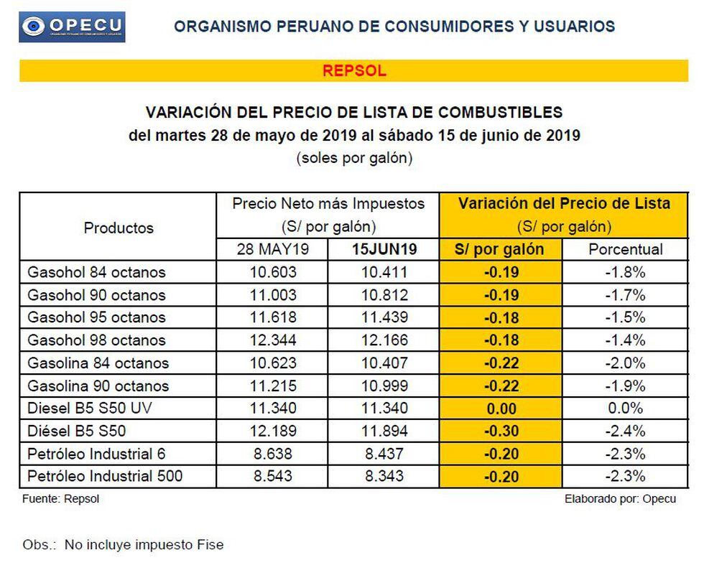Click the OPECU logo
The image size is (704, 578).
click(73, 27)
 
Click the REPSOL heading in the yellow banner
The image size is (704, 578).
click(354, 70)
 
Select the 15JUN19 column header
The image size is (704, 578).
click(383, 250)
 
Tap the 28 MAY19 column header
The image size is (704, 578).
click(272, 250)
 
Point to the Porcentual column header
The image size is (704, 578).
click(625, 250)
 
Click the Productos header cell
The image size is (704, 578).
click(119, 228)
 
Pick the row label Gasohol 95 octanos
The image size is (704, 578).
click(96, 317)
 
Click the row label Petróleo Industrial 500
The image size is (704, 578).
click(105, 476)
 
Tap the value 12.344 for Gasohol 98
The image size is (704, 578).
click(272, 340)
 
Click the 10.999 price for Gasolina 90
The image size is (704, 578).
click(383, 386)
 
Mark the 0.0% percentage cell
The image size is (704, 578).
click(625, 409)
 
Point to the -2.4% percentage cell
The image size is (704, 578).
click(625, 432)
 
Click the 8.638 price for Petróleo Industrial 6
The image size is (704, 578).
click(272, 454)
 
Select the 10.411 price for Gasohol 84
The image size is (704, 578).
click(383, 272)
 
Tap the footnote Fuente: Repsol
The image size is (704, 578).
click(61, 499)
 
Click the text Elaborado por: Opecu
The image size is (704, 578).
click(620, 499)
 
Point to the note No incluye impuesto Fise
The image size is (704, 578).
click(144, 545)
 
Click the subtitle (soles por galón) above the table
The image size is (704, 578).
click(354, 158)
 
